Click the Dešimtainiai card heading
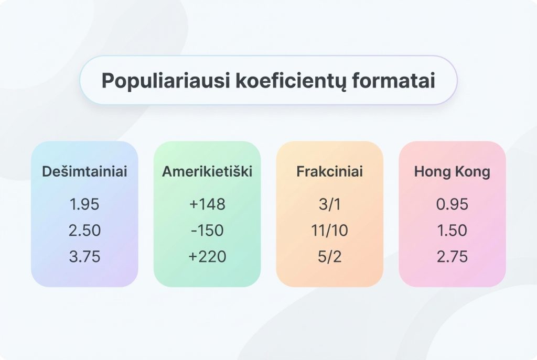coord(84,171)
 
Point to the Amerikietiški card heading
coord(207,171)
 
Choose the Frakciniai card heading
coord(329,171)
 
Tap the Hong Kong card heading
coord(452,171)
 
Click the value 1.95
coord(84,204)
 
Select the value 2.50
coord(84,231)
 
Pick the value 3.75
coord(84,257)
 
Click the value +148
coord(207,204)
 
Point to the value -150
coord(207,231)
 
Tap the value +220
coord(207,257)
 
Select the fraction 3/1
coord(329,204)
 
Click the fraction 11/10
coord(329,231)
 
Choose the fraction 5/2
coord(329,257)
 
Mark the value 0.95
coord(452,204)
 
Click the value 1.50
coord(452,231)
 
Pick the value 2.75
coord(452,257)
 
